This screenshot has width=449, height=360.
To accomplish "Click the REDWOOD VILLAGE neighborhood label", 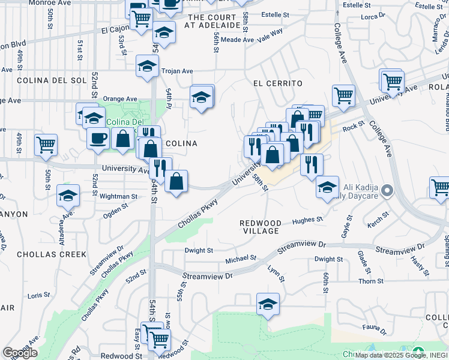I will point(259,227).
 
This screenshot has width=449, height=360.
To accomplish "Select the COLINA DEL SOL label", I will point(44,80).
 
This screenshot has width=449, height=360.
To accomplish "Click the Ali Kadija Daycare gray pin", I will point(388,191).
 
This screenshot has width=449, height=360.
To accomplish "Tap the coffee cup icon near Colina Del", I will point(98,138).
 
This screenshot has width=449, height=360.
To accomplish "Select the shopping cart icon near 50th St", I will point(46,144).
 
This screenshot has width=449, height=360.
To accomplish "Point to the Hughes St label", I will point(307,220).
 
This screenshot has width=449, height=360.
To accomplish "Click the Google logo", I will point(20,353).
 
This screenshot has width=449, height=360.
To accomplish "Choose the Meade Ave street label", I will point(237,40).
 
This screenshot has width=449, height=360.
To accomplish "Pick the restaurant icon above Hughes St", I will point(312,164).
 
